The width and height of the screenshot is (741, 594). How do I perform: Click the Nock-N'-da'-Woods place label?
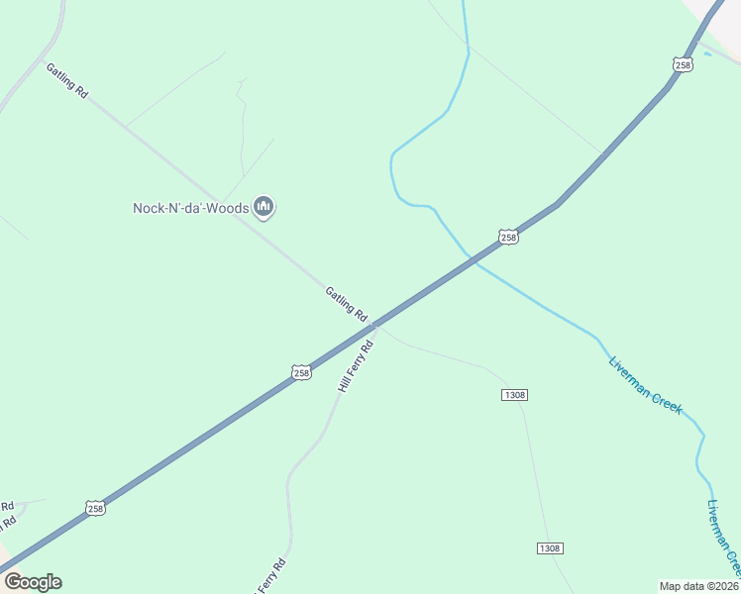pos(191,208)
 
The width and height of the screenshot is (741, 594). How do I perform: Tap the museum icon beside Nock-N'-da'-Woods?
pos(264,207)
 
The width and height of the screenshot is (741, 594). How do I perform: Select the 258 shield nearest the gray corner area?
pos(683,64)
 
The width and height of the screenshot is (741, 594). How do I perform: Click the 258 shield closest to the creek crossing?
pos(508,238)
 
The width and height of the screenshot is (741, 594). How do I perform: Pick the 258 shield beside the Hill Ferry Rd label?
pos(302,372)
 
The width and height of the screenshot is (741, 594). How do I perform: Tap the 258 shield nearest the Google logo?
pos(95,508)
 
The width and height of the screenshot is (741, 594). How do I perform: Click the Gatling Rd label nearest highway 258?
pos(346,300)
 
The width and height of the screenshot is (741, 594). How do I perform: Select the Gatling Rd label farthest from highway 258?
pos(67,79)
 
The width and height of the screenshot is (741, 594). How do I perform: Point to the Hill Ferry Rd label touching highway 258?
pos(355,366)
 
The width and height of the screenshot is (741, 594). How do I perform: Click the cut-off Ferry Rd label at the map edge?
pos(269,577)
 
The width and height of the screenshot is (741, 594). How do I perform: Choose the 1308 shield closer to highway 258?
pos(514,395)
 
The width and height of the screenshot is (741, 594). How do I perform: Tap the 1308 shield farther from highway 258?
pos(550,548)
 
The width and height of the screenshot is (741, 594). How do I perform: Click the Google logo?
pos(33,582)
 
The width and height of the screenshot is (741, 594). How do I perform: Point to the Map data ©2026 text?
pos(699,586)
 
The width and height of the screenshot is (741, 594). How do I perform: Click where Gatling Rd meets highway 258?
pos(374,324)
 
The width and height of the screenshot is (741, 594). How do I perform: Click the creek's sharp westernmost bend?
pos(392,158)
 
